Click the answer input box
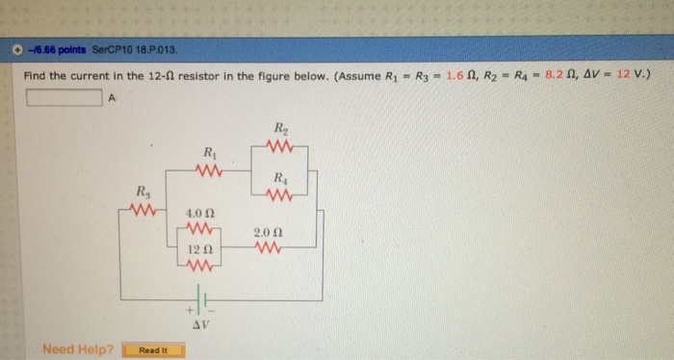(x=63, y=96)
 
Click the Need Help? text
(x=78, y=348)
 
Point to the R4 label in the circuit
(x=279, y=177)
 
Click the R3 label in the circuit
(x=143, y=191)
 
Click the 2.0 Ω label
(x=267, y=232)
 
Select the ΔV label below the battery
(x=201, y=325)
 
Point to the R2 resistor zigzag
(x=279, y=145)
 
